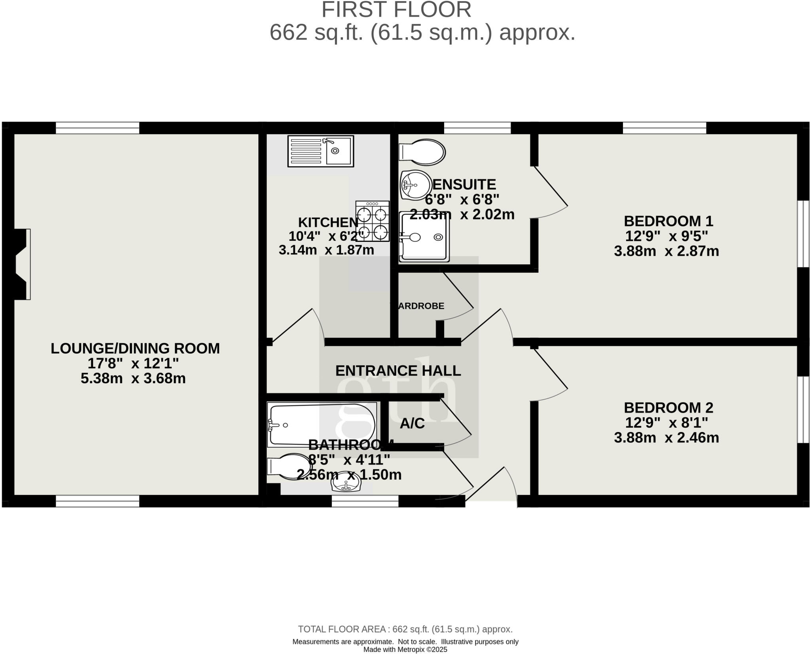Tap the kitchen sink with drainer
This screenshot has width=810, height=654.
pyautogui.click(x=320, y=151)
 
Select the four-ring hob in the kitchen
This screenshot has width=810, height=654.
pyautogui.click(x=372, y=221)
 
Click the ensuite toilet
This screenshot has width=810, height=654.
pyautogui.click(x=422, y=152)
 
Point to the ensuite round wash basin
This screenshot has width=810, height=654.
pyautogui.click(x=415, y=185)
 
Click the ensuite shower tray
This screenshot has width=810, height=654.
pyautogui.click(x=424, y=237)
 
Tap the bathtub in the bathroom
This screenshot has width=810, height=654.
pyautogui.click(x=321, y=425)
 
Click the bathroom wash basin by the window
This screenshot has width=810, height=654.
pyautogui.click(x=346, y=484)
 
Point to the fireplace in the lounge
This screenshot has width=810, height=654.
pyautogui.click(x=22, y=264)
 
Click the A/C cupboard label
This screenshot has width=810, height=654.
pyautogui.click(x=412, y=424)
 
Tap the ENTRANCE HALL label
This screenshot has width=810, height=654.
pyautogui.click(x=398, y=371)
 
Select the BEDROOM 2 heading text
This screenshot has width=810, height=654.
pyautogui.click(x=668, y=407)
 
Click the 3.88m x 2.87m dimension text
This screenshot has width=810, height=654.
pyautogui.click(x=666, y=251)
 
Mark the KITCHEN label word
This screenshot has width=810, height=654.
pyautogui.click(x=328, y=222)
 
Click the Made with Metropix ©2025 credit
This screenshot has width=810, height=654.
pyautogui.click(x=405, y=649)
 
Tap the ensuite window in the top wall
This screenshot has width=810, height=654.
pyautogui.click(x=477, y=128)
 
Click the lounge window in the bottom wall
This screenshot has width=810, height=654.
pyautogui.click(x=97, y=501)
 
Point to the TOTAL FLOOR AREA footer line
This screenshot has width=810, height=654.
pyautogui.click(x=405, y=629)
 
